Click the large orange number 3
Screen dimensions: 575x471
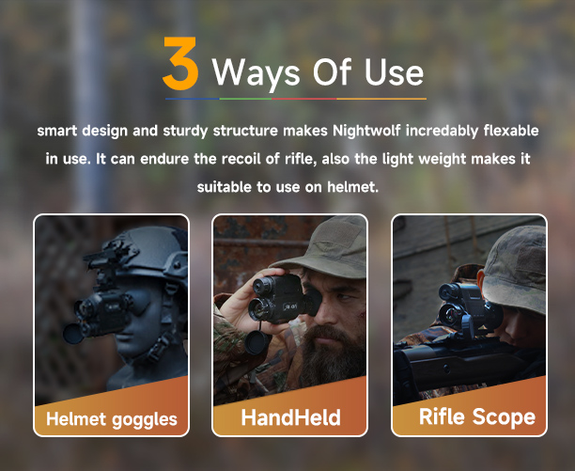point(180,64)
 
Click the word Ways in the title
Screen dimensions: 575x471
point(256,72)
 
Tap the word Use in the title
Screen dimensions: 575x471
point(395,72)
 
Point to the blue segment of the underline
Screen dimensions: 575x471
point(193,99)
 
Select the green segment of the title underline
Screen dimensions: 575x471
point(245,99)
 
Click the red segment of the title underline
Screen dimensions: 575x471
point(304,99)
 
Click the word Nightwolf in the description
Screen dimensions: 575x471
point(366,131)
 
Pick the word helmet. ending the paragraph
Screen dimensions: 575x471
point(352,187)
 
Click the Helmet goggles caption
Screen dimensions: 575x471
point(112,419)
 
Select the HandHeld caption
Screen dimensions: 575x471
point(291,417)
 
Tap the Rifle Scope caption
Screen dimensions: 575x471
point(477,417)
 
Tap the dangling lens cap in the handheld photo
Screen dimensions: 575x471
point(256,342)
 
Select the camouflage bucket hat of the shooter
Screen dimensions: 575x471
point(515,268)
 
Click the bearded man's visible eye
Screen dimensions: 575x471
point(344,297)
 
